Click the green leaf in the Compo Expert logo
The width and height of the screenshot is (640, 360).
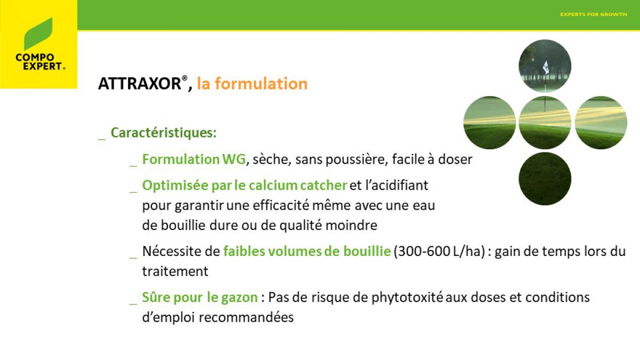pyautogui.click(x=38, y=34)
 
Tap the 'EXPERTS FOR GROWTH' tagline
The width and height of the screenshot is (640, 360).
pyautogui.click(x=594, y=14)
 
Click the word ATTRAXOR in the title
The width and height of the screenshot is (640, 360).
pyautogui.click(x=140, y=84)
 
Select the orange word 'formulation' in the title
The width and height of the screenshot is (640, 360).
pyautogui.click(x=261, y=83)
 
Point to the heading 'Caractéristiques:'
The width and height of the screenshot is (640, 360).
pyautogui.click(x=164, y=133)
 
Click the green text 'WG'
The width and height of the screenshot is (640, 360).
pyautogui.click(x=234, y=159)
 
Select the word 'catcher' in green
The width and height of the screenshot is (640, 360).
pyautogui.click(x=323, y=185)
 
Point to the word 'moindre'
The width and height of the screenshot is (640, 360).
pyautogui.click(x=351, y=225)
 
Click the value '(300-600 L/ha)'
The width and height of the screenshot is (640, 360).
pyautogui.click(x=439, y=251)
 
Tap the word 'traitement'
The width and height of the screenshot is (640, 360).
pyautogui.click(x=175, y=271)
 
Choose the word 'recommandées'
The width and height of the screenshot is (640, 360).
pyautogui.click(x=246, y=317)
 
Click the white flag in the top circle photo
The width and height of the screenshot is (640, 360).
pyautogui.click(x=546, y=67)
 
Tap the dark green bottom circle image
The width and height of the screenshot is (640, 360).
pyautogui.click(x=545, y=179)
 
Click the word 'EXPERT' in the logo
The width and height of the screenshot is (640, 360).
pyautogui.click(x=42, y=66)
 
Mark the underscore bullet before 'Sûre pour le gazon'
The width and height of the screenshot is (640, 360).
pyautogui.click(x=133, y=303)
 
